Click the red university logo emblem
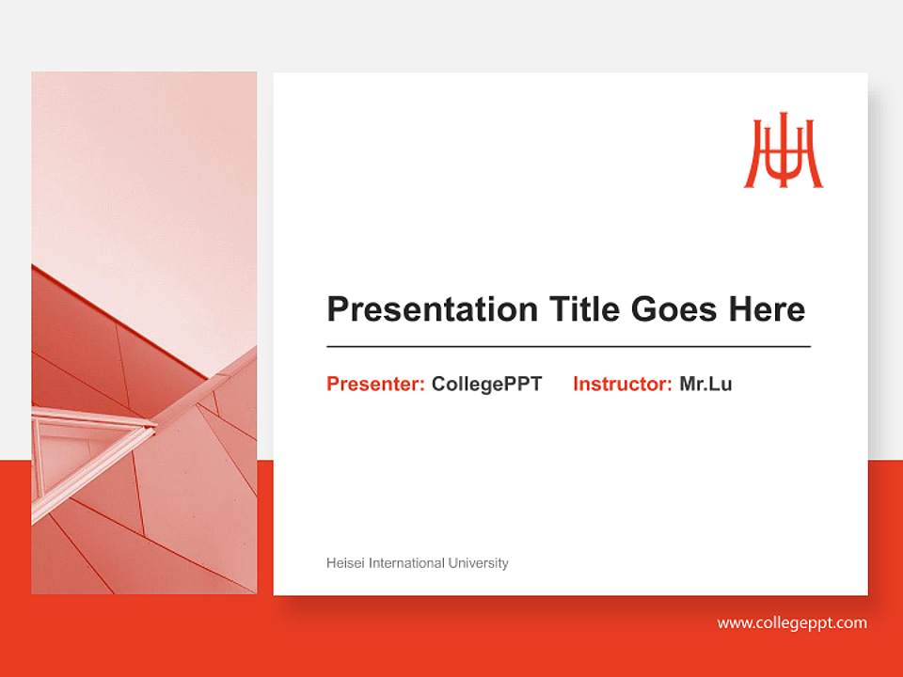coord(784,151)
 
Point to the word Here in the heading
coord(766,309)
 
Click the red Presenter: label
coord(375,384)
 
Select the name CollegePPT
coord(486,384)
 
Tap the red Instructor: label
coord(622,384)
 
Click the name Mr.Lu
coord(705,384)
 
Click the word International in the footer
coord(406,563)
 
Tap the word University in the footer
coord(478,563)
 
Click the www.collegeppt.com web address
coord(792,622)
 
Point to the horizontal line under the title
coord(568,347)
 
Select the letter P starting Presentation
coord(337,309)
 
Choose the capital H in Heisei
coord(331,563)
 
